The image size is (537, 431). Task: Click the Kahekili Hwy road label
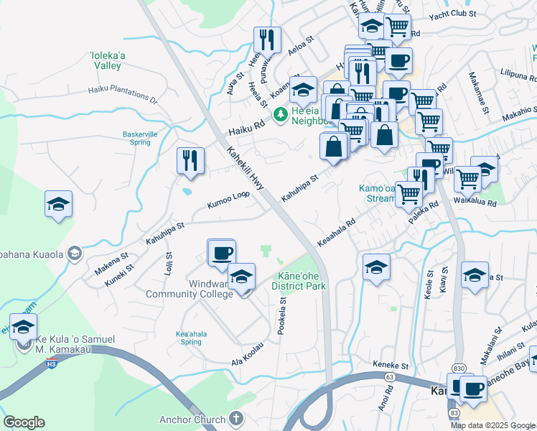click(x=246, y=170)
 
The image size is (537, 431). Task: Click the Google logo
click(x=24, y=422)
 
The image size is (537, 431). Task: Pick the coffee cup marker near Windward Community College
click(x=222, y=253)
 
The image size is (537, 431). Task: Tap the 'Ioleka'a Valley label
click(x=107, y=59)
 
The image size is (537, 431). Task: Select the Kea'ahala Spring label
click(x=189, y=338)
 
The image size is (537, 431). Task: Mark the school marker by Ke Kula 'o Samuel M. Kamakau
click(x=23, y=327)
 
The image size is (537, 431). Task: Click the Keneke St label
click(x=390, y=365)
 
